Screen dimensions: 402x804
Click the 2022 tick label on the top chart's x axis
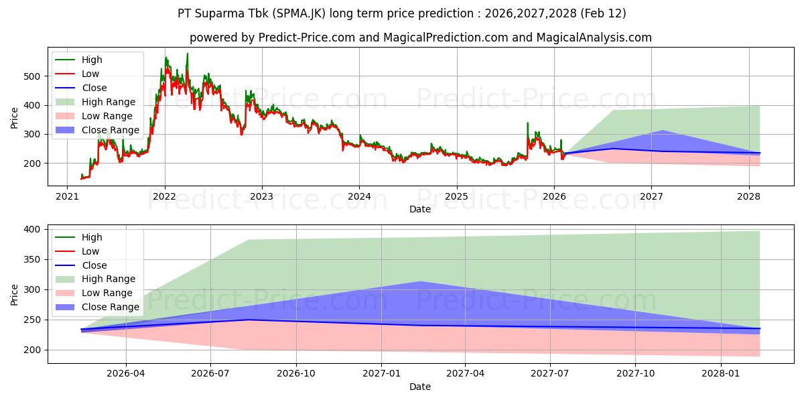coord(164,196)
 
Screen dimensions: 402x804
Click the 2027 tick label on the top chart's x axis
coord(651,196)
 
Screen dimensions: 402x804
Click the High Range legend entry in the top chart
coord(109,102)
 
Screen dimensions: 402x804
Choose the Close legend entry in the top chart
coord(94,88)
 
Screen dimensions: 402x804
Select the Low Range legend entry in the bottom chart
coord(107,293)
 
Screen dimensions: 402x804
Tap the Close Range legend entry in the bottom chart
coord(110,307)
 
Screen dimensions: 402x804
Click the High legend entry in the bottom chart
coord(91,237)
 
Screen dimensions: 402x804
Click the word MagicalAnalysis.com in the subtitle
coord(594,38)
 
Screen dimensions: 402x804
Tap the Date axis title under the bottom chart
coord(420,387)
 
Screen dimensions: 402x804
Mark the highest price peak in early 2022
coord(187,54)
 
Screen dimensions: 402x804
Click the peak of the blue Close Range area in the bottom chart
coord(420,281)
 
